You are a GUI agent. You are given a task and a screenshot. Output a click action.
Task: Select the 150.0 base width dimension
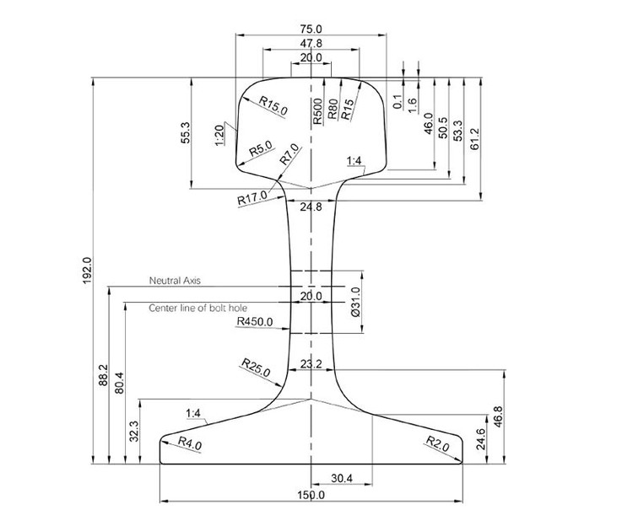tap(311, 495)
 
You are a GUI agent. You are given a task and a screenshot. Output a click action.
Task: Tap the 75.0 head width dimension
tap(311, 29)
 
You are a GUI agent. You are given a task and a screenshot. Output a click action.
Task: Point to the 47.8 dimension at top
tap(311, 43)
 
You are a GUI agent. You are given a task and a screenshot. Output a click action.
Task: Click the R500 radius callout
tap(317, 111)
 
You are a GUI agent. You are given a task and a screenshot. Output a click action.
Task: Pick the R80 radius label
tap(333, 111)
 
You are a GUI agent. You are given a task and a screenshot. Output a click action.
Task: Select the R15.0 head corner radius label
tap(273, 105)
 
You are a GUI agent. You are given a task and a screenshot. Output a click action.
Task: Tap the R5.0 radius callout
tap(261, 149)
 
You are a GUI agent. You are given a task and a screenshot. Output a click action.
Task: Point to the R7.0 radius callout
tap(289, 153)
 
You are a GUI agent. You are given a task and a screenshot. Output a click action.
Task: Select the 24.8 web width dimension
tap(311, 207)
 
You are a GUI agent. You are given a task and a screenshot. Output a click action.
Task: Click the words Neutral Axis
tap(175, 280)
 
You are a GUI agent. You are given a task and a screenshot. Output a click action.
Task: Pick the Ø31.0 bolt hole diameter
tap(354, 301)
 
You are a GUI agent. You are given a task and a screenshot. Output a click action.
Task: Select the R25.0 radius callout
tap(255, 367)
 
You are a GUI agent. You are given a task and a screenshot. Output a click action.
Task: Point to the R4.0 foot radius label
tap(190, 444)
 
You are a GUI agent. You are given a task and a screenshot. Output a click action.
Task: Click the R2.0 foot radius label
tap(436, 443)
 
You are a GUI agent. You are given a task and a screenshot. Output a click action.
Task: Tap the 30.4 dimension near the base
tap(342, 478)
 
